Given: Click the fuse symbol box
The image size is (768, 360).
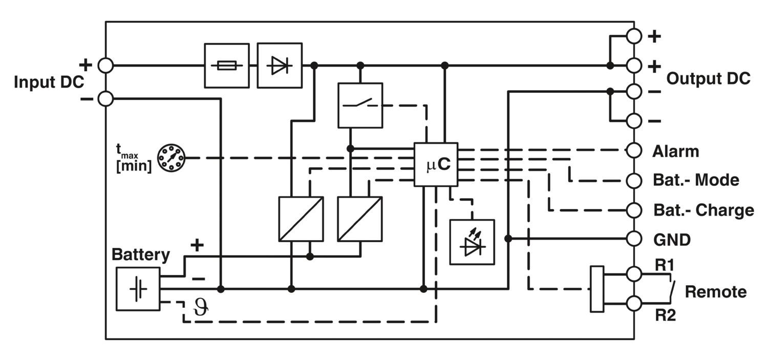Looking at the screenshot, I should pyautogui.click(x=227, y=66).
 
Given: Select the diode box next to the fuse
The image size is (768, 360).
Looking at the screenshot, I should pyautogui.click(x=280, y=66).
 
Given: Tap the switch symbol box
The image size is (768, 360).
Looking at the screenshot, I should pyautogui.click(x=360, y=105).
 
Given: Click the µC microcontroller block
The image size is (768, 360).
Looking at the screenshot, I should pyautogui.click(x=436, y=164).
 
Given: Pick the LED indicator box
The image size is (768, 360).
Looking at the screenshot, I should pyautogui.click(x=472, y=242).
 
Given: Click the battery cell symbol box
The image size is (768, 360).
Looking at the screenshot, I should pyautogui.click(x=138, y=289).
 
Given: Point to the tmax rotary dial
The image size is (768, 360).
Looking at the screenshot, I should pyautogui.click(x=170, y=158).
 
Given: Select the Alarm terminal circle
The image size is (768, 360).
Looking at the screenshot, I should pyautogui.click(x=634, y=151).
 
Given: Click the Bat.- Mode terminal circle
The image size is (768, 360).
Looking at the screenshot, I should pyautogui.click(x=634, y=181).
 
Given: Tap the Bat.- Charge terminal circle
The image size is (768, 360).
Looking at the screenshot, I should pyautogui.click(x=634, y=210).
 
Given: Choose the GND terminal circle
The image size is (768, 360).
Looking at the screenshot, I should pyautogui.click(x=634, y=239).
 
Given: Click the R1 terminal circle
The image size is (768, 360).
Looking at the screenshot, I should pyautogui.click(x=634, y=274).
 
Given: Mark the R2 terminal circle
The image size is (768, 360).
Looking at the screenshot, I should pyautogui.click(x=634, y=303).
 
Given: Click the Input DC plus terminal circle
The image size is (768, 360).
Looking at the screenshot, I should pyautogui.click(x=105, y=66).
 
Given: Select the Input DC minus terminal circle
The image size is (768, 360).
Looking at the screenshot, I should pyautogui.click(x=105, y=98).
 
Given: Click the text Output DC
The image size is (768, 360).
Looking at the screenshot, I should pyautogui.click(x=708, y=79).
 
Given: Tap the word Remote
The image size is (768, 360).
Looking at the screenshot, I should pyautogui.click(x=715, y=292).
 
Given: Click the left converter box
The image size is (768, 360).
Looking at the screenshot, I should pyautogui.click(x=301, y=219).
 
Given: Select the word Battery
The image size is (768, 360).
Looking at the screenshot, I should pyautogui.click(x=141, y=255).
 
